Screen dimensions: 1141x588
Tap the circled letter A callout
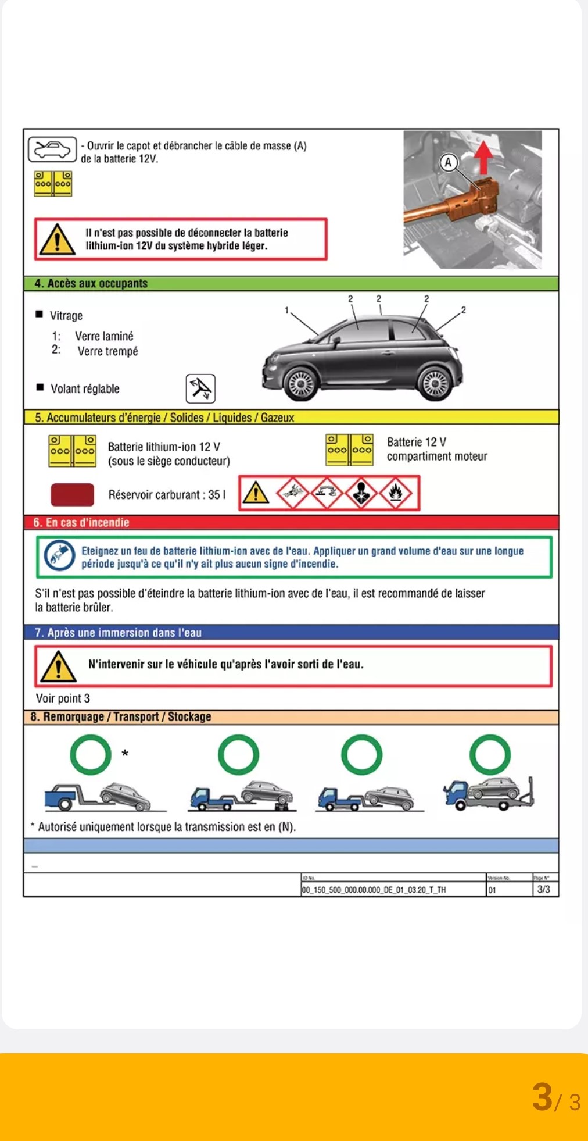pyautogui.click(x=448, y=163)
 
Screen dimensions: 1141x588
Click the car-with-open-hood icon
pyautogui.click(x=52, y=149)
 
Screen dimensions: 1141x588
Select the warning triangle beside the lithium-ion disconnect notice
pyautogui.click(x=56, y=240)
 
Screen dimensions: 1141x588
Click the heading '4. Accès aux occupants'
pyautogui.click(x=91, y=284)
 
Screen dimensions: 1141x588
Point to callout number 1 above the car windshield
pyautogui.click(x=286, y=311)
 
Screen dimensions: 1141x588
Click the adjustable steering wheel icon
pyautogui.click(x=200, y=388)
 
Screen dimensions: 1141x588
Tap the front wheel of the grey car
pyautogui.click(x=300, y=383)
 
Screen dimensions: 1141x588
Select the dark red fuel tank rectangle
pyautogui.click(x=72, y=495)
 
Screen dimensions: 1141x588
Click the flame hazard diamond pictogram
pyautogui.click(x=396, y=493)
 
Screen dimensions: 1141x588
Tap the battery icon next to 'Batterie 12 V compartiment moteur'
pyautogui.click(x=349, y=450)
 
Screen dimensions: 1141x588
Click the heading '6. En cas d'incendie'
pyautogui.click(x=81, y=522)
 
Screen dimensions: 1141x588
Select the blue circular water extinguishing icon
pyautogui.click(x=59, y=557)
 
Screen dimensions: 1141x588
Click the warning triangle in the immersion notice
pyautogui.click(x=58, y=666)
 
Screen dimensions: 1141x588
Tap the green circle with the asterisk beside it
pyautogui.click(x=91, y=755)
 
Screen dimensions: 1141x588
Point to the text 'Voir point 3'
pyautogui.click(x=63, y=698)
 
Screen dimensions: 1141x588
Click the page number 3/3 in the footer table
pyautogui.click(x=543, y=889)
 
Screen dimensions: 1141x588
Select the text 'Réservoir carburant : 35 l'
pyautogui.click(x=167, y=495)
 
